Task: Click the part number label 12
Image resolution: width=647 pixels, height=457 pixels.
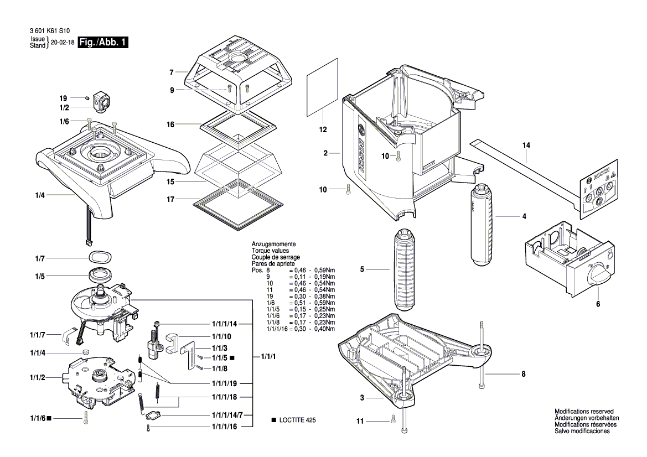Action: point(323,130)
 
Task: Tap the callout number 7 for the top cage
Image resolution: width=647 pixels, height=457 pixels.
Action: point(172,72)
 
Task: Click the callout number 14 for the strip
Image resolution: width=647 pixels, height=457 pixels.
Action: point(526,145)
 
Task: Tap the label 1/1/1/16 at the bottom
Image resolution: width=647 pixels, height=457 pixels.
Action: point(224,427)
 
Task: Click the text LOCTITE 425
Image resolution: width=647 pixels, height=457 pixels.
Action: point(297,420)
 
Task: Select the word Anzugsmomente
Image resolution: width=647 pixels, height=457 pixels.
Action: point(273,244)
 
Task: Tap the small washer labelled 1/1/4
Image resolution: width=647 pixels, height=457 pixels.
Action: point(85,352)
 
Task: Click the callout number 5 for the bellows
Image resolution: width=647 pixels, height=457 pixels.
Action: point(361,269)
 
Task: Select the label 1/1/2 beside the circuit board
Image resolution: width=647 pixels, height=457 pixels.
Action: point(39,377)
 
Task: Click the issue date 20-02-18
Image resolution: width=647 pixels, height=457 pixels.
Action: point(63,43)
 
